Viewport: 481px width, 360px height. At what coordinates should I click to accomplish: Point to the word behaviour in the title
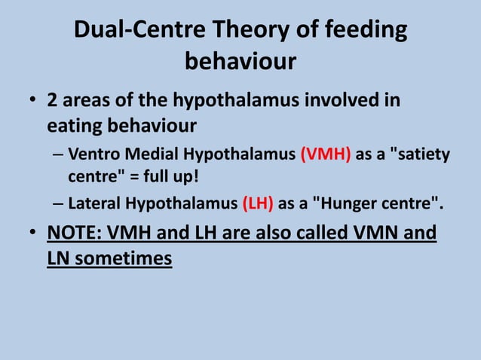240,61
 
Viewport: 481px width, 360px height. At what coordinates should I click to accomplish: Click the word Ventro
90,155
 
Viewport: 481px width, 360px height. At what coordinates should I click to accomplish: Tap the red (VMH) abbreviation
324,155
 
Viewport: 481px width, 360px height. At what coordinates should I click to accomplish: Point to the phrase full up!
168,178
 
